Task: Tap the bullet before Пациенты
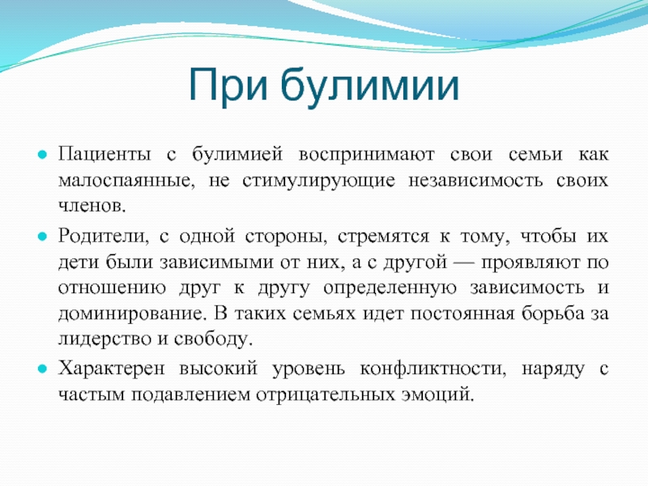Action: tap(42, 155)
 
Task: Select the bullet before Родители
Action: tap(42, 237)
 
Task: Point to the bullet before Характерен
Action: tap(42, 369)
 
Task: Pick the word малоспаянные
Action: tap(126, 181)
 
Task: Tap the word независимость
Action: tap(475, 181)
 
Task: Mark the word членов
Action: tap(92, 206)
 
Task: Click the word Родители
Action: tap(104, 237)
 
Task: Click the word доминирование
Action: tap(132, 314)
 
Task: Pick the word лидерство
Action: tap(104, 339)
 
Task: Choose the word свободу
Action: tap(213, 339)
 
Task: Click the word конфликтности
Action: tap(433, 369)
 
